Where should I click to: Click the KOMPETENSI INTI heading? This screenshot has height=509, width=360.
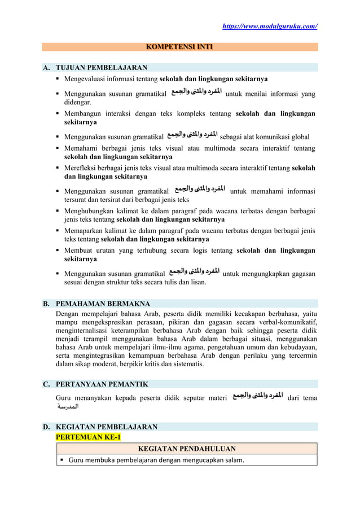tap(179, 47)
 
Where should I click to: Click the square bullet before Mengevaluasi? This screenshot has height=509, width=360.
tap(59, 78)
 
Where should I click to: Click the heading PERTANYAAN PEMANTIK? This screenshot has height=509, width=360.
tap(101, 384)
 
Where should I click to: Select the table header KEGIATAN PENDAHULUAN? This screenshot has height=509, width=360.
tap(186, 449)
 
